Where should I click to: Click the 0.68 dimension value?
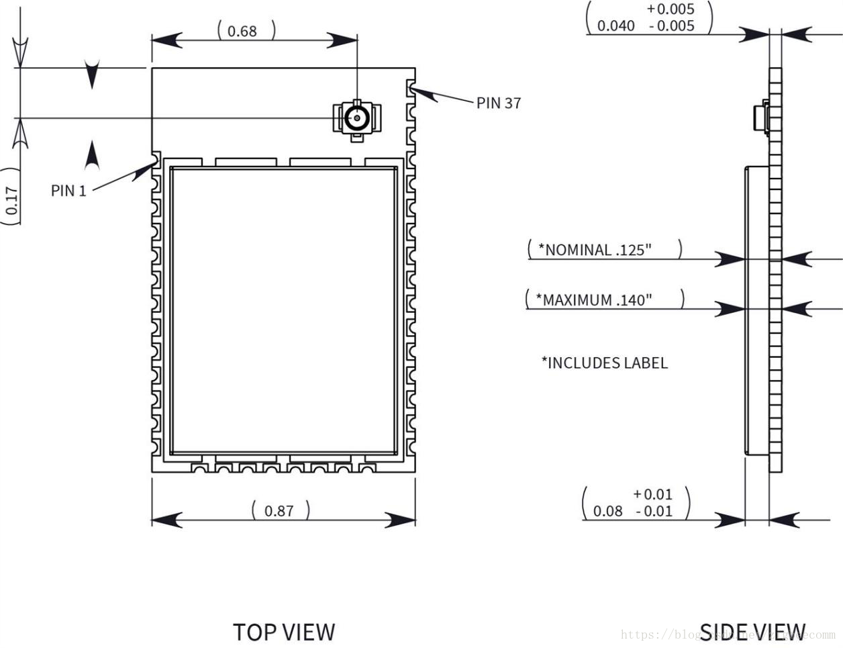242,31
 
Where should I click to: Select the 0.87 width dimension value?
279,511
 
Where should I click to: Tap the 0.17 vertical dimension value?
12,200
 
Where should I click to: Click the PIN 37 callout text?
499,103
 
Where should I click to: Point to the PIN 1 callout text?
68,191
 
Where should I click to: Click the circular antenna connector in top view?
356,118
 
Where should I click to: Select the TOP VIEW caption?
284,632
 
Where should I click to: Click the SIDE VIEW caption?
752,632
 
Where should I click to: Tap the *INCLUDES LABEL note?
605,363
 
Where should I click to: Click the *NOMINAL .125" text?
595,250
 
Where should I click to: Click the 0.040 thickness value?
615,26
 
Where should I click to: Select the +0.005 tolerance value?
671,9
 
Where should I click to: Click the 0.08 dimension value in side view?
608,511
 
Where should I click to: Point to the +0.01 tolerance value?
652,494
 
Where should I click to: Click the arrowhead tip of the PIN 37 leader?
411,88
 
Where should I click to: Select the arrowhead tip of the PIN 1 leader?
156,162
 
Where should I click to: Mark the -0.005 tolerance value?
672,26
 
